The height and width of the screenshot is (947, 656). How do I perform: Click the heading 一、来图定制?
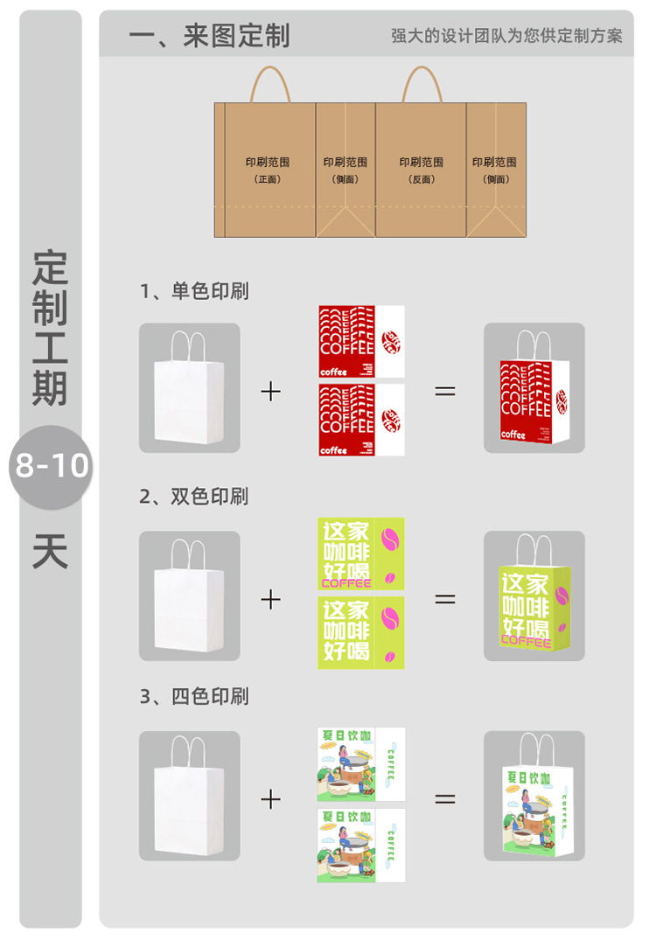tap(209, 36)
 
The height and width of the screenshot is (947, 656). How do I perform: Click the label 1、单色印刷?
tap(194, 291)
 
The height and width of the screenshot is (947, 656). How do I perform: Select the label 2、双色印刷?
tap(194, 497)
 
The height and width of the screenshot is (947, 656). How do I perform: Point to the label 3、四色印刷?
tap(194, 696)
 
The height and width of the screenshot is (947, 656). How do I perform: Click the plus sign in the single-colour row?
tap(271, 390)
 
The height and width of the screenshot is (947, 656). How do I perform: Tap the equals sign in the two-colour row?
tap(445, 599)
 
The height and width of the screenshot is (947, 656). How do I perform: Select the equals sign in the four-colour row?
tap(445, 798)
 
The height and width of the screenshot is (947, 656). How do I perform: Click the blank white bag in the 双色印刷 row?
tap(189, 599)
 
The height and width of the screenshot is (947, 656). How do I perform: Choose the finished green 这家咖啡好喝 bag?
tap(534, 603)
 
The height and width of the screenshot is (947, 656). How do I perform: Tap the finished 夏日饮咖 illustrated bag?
tap(534, 803)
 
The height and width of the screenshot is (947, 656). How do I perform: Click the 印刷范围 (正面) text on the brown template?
tap(267, 169)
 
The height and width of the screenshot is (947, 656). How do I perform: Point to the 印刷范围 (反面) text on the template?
tap(422, 169)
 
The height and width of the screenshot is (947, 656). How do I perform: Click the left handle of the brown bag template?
tap(271, 86)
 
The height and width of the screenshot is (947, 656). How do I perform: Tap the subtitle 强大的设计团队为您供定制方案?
tap(506, 36)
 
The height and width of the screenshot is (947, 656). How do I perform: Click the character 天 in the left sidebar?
tap(51, 552)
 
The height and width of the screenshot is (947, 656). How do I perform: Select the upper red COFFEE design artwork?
tap(360, 341)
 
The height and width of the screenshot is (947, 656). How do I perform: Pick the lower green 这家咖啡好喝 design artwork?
tap(360, 633)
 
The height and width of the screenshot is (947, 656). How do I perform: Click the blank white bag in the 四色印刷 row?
tap(189, 798)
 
